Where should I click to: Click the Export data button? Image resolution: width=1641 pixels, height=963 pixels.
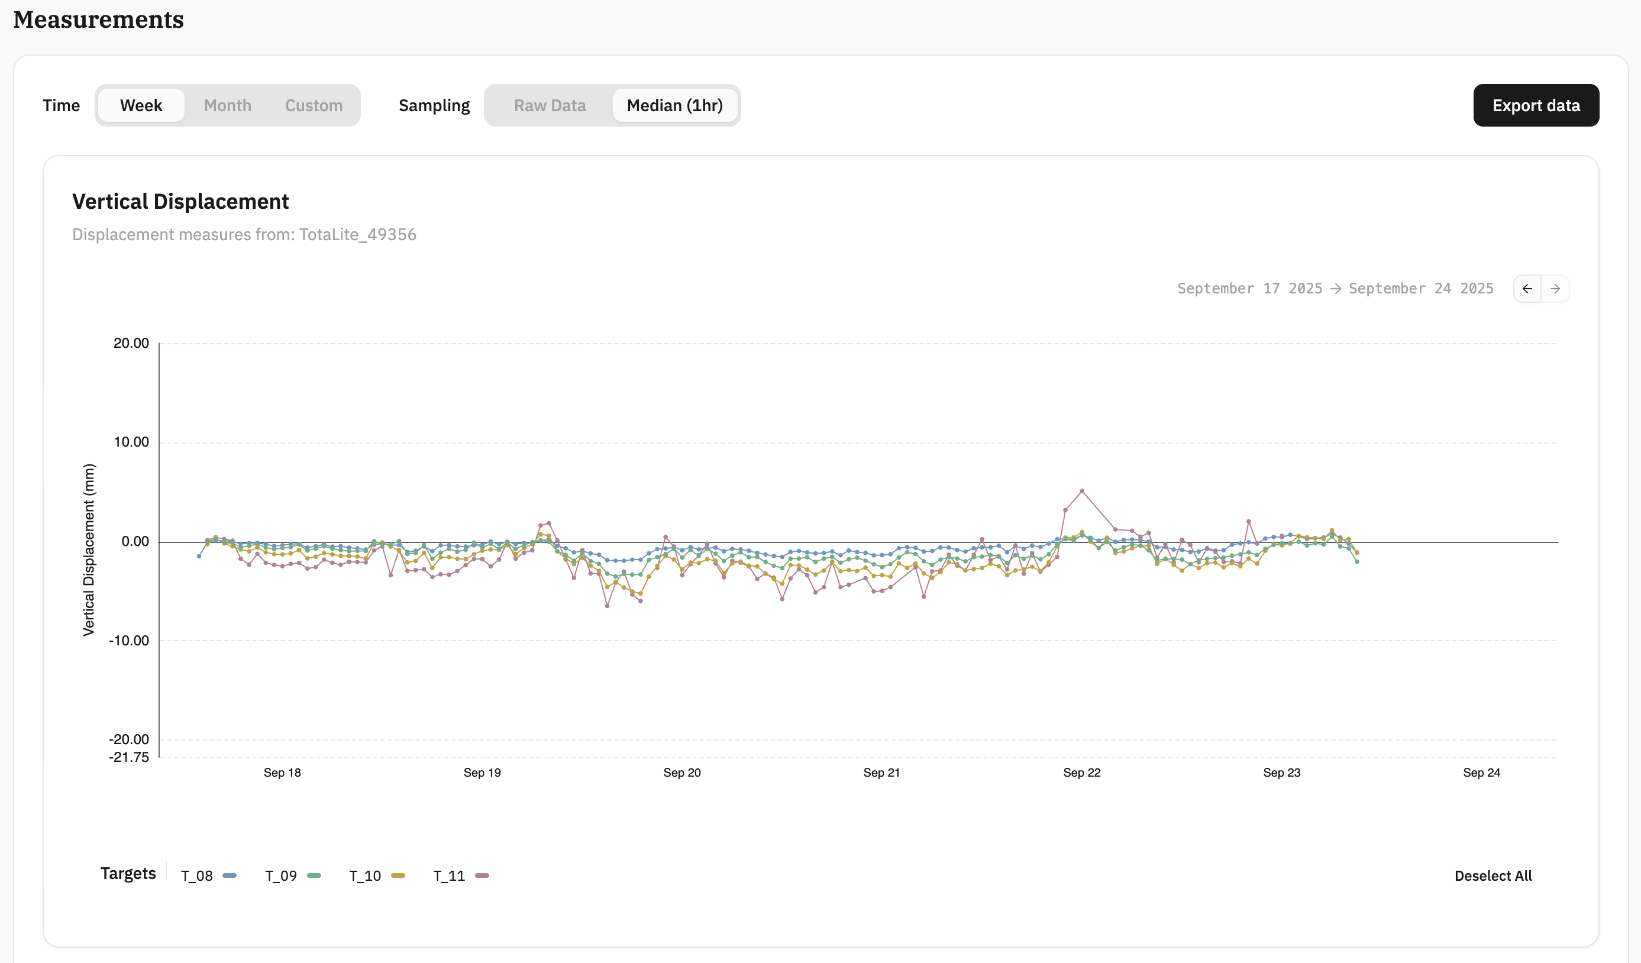(x=1536, y=105)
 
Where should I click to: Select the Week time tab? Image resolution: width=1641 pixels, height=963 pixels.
(x=141, y=105)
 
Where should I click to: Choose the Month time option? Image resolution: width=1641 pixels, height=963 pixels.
(x=227, y=105)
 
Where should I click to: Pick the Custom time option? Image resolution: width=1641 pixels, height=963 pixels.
(x=314, y=105)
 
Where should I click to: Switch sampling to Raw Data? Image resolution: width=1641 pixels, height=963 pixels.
(x=550, y=105)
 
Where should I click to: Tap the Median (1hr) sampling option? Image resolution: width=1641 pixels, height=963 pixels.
(x=674, y=105)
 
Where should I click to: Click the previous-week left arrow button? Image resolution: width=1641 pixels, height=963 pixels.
(x=1527, y=289)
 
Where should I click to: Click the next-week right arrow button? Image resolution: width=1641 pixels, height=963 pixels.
(x=1555, y=289)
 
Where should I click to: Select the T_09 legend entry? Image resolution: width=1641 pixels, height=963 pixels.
(x=293, y=876)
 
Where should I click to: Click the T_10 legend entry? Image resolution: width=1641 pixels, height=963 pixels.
(x=377, y=876)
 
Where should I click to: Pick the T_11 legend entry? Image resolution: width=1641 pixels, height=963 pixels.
(x=461, y=876)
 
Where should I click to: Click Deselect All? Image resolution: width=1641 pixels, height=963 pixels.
(x=1493, y=876)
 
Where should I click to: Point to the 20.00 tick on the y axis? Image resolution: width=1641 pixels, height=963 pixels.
(x=131, y=343)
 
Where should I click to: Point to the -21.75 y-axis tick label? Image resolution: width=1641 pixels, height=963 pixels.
(x=129, y=757)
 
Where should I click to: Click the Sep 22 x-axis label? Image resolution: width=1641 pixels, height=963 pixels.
(x=1081, y=773)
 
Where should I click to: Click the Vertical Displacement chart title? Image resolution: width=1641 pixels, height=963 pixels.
(x=180, y=202)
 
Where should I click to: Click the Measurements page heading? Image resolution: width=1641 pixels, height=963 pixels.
(x=98, y=20)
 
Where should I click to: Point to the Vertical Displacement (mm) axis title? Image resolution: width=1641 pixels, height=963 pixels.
(x=89, y=550)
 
